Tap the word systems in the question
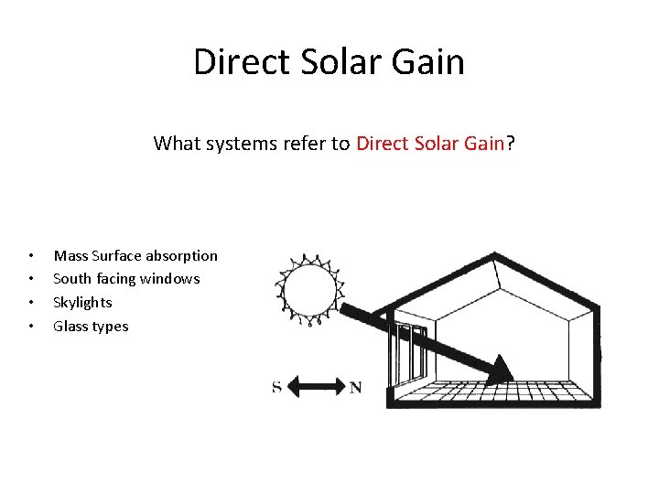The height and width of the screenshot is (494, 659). click(226, 144)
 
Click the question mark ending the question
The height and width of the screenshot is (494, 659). click(511, 143)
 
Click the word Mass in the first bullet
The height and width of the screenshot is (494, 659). click(70, 255)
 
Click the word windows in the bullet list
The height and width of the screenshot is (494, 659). click(170, 278)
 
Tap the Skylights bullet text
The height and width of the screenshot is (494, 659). click(82, 302)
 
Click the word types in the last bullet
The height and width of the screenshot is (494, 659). click(111, 327)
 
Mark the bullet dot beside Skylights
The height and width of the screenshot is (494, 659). click(31, 303)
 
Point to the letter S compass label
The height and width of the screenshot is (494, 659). click(276, 387)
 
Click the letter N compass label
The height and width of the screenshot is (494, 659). click(355, 387)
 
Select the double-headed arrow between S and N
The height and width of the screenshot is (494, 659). click(316, 387)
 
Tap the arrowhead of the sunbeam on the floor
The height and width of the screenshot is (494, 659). click(501, 370)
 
